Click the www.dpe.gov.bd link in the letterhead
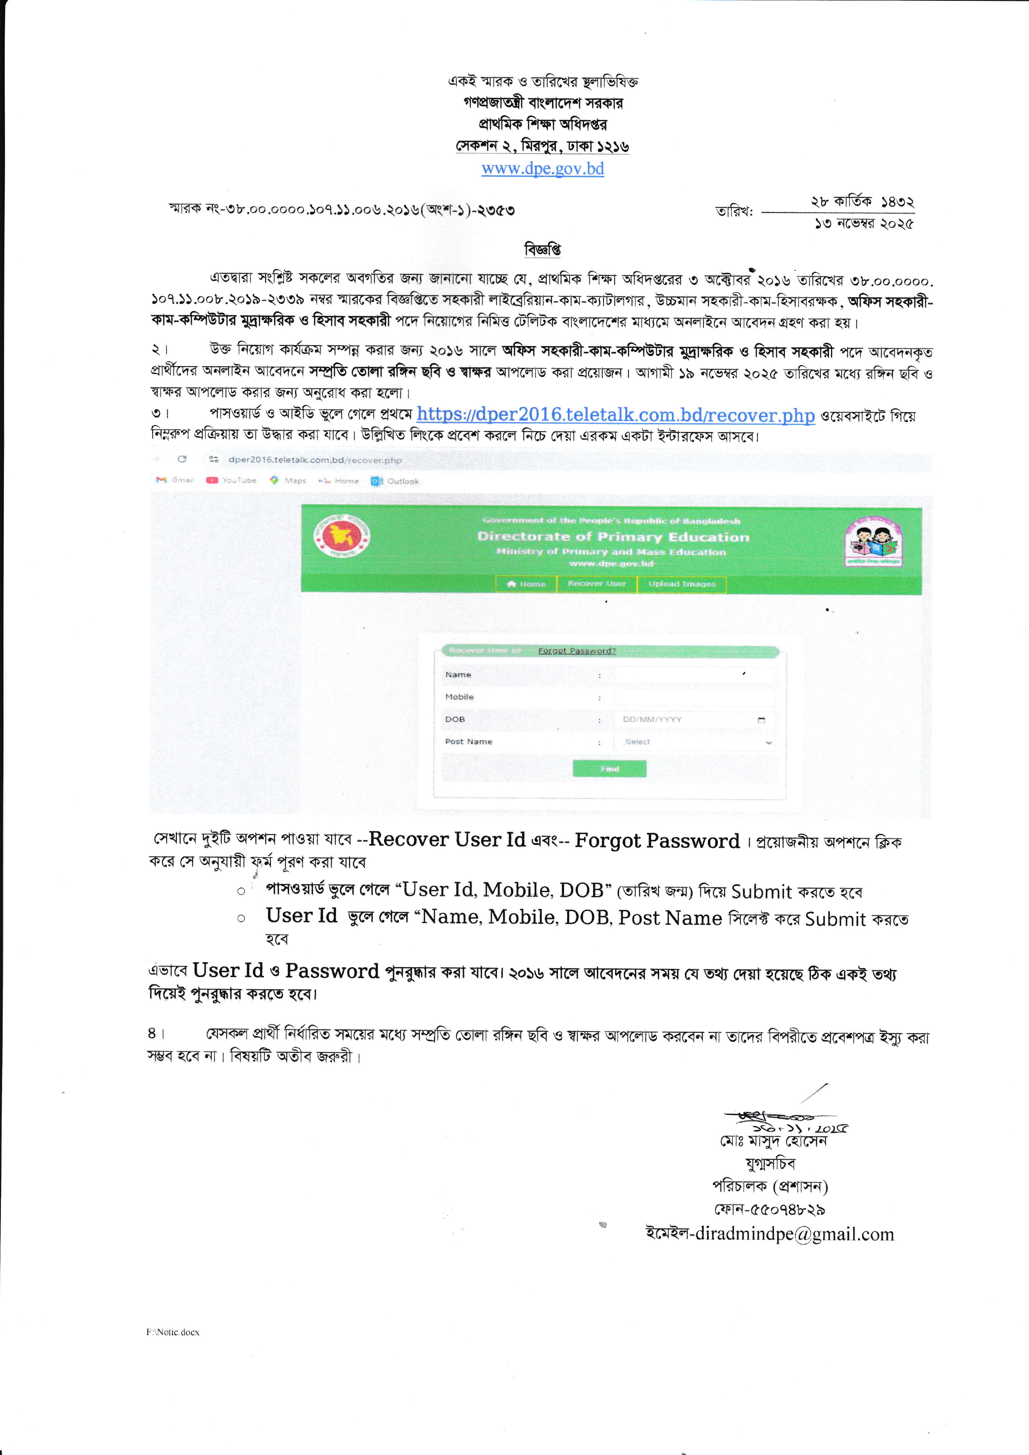542,168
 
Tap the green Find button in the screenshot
609,769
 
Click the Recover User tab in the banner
596,584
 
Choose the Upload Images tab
682,584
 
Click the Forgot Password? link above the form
577,651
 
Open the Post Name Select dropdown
694,742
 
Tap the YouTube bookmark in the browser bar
232,480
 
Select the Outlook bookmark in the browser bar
395,481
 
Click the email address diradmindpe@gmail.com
795,1234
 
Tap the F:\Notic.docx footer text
173,1332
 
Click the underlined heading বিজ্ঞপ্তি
542,250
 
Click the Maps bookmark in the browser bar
288,480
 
